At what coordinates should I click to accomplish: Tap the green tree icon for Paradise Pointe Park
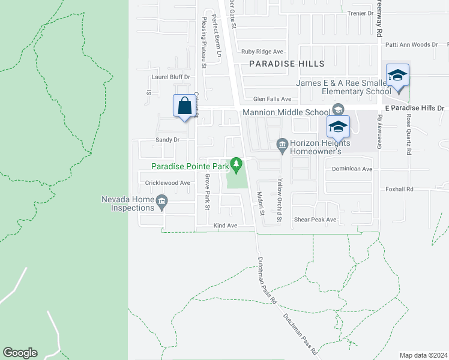(x=237, y=163)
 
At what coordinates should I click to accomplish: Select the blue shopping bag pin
(x=185, y=106)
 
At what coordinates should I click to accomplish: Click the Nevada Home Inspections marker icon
(x=161, y=203)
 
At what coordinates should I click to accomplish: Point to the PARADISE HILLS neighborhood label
(x=287, y=64)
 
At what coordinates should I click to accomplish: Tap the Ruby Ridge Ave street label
(x=262, y=52)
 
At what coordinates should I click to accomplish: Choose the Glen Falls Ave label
(x=272, y=99)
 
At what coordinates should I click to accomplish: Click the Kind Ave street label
(x=226, y=226)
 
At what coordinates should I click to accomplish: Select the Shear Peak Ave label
(x=315, y=220)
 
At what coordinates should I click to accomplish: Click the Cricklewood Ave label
(x=167, y=183)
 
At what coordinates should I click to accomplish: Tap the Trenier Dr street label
(x=361, y=13)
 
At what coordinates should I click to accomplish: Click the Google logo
(x=20, y=353)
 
